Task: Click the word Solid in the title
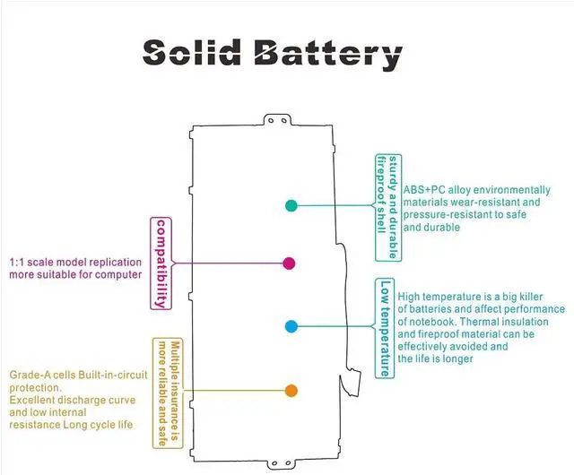tap(192, 53)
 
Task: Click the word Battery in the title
tap(328, 55)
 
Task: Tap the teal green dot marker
tap(291, 205)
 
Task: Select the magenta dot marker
tap(289, 263)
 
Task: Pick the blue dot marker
tap(291, 326)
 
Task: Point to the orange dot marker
tap(291, 391)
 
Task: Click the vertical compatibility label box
tap(161, 263)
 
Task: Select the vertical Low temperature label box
tap(385, 328)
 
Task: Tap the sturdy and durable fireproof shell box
tap(388, 208)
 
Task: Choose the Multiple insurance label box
tap(168, 393)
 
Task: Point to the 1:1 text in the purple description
tap(17, 263)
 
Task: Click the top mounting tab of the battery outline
tap(277, 120)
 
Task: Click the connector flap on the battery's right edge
tap(351, 384)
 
